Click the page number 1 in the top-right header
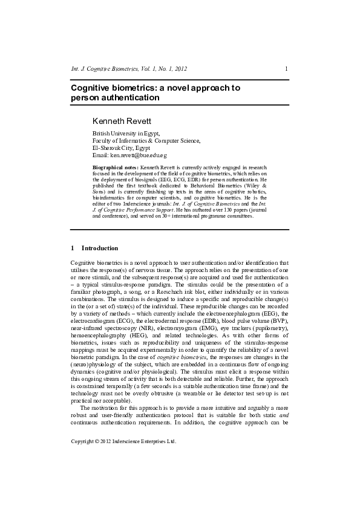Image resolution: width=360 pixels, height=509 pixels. click(286, 69)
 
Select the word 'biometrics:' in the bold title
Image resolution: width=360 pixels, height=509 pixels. click(132, 88)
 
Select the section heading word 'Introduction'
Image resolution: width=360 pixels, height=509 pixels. click(100, 248)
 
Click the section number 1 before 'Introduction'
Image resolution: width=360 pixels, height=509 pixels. click(73, 248)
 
